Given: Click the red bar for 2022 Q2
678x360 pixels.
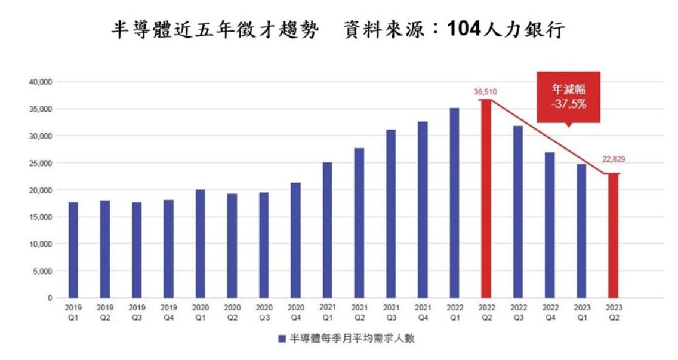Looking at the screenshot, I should (486, 198).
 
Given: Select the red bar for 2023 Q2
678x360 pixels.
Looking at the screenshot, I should (613, 235).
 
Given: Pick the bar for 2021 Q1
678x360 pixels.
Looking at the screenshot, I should (327, 230).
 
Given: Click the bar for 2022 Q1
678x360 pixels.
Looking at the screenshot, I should (454, 202).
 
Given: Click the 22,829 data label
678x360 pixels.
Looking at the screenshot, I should (614, 159).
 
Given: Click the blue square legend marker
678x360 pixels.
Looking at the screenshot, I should (281, 339).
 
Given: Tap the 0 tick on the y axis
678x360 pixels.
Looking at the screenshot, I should (50, 298).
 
